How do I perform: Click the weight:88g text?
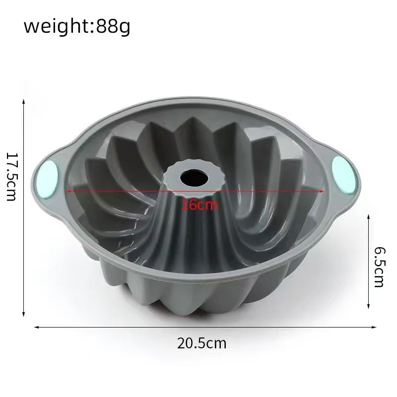point(77,27)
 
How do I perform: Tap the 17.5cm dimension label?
point(11,177)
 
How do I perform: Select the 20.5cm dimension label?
point(201,343)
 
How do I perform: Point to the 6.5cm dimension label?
point(380,267)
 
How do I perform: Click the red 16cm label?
point(199,205)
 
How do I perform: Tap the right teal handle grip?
point(343,175)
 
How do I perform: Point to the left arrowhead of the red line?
point(68,191)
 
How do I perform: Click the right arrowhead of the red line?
point(322,191)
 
